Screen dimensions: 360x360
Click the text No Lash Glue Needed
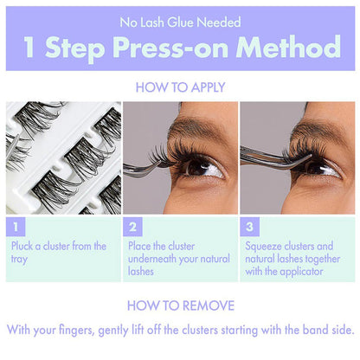[x=180, y=22]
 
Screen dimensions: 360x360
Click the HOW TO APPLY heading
[x=180, y=87]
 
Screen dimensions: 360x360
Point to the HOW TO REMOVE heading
[x=180, y=305]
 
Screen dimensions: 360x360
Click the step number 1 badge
[x=16, y=228]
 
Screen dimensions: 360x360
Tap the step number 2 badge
[x=134, y=228]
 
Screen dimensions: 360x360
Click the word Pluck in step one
[x=24, y=247]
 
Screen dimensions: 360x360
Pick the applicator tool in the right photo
[x=268, y=156]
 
